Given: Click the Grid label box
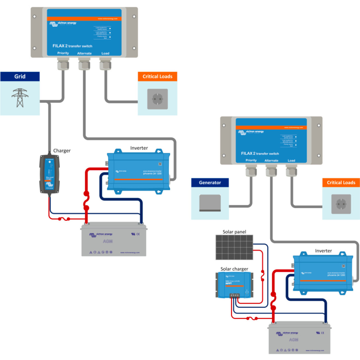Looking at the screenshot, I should point(20,76).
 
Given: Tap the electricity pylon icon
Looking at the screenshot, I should point(20,97).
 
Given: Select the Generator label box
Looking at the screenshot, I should point(210,182).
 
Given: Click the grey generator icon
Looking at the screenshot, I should point(210,203).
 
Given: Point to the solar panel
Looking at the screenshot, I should point(234,247).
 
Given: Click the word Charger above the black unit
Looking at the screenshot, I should point(62,151).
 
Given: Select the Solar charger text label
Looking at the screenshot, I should point(234,269).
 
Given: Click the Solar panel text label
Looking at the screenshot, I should point(234,232).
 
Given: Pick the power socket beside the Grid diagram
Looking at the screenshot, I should point(157,99).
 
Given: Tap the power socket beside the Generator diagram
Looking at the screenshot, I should point(341,204).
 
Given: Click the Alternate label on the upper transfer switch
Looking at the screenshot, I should point(84,53).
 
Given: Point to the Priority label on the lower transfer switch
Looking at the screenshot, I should point(251,160).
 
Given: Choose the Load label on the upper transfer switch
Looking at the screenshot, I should point(105,53).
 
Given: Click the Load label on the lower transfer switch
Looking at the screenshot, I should point(291,160).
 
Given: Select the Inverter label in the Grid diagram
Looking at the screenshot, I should point(139,148).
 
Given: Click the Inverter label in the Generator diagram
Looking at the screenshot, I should point(323,251).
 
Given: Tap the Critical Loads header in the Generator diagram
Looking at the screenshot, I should point(341,182).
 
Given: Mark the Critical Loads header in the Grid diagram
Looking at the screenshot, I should point(157,77).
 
